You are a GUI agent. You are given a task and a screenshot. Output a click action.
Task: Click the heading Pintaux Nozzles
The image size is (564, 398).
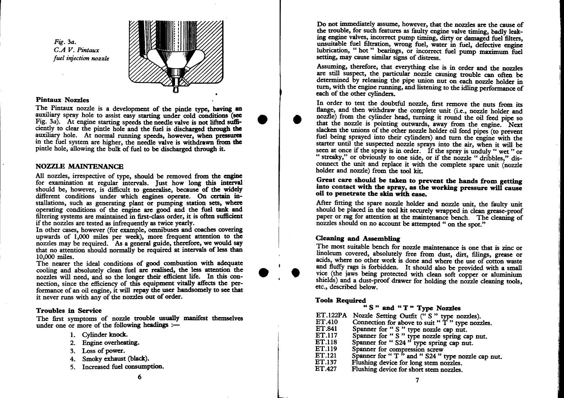[62, 100]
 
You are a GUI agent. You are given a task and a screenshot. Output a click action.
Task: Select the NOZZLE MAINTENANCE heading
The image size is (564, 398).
[80, 167]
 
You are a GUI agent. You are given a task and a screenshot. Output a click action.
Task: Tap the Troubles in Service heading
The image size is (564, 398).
[69, 310]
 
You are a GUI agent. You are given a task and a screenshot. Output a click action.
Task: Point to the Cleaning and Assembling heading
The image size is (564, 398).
[358, 238]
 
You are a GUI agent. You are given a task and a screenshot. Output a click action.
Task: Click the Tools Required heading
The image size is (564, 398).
[341, 300]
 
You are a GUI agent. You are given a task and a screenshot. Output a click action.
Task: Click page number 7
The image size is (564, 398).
[417, 380]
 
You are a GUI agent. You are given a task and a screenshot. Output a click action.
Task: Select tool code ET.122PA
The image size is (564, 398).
[331, 316]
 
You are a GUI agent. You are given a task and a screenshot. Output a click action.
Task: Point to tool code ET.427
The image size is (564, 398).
[326, 369]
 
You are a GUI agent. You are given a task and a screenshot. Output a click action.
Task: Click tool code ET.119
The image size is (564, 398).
[326, 349]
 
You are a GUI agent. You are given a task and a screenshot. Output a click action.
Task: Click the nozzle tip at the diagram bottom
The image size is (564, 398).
[176, 88]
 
